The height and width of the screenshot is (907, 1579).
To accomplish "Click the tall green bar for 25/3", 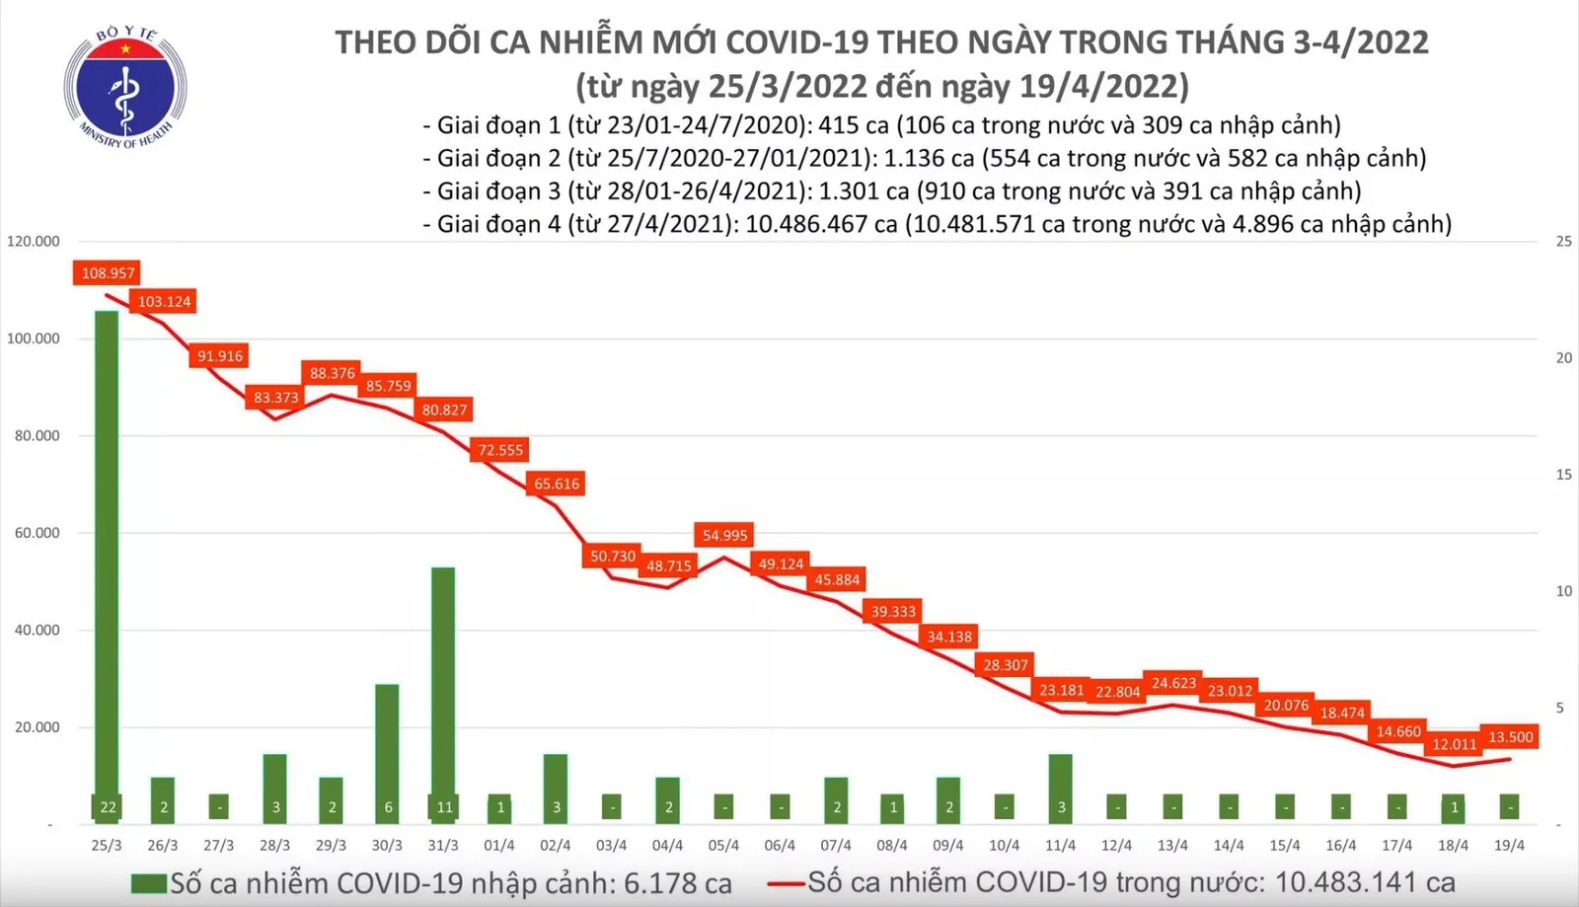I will [x=107, y=553].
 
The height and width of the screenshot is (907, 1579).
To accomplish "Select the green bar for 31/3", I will [x=443, y=681].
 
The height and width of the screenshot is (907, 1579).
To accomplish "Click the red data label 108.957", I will [x=108, y=272].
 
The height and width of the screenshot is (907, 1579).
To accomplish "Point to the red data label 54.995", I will [x=724, y=535].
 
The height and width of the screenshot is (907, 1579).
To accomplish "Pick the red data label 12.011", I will [x=1454, y=744].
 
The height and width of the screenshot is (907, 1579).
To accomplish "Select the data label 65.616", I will [x=557, y=484].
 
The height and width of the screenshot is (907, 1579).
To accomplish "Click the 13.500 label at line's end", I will [x=1510, y=736].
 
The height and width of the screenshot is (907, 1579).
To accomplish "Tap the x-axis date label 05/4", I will [x=723, y=846].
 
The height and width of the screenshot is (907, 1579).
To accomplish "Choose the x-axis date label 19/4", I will [x=1509, y=846].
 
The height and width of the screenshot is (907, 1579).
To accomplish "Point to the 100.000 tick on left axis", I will [x=34, y=339].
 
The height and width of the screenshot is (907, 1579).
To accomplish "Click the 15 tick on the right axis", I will [x=1563, y=475].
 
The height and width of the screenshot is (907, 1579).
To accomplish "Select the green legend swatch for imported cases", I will [x=149, y=883].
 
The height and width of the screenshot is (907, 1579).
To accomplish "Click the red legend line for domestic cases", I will [x=787, y=883].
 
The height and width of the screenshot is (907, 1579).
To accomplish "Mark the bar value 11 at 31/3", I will [x=444, y=807].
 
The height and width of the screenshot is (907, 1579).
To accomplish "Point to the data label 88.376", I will [x=332, y=373].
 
